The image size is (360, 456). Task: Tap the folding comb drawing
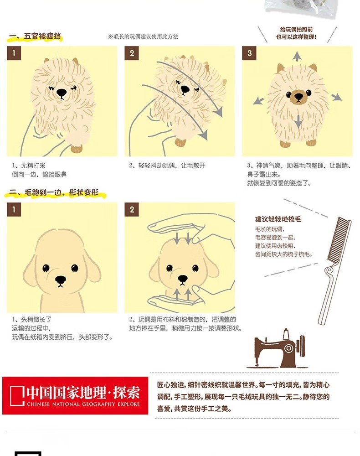click(334, 270)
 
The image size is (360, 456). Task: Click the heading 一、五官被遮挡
click(35, 36)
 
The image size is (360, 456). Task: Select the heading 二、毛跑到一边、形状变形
click(54, 193)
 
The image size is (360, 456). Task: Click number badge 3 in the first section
click(249, 53)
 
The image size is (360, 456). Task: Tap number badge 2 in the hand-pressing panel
click(132, 210)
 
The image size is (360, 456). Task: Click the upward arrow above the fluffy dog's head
click(297, 56)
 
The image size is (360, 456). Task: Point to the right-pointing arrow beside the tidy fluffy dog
click(337, 97)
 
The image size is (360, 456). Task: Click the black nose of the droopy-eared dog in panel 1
click(61, 280)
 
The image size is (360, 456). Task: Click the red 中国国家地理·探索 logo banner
click(75, 395)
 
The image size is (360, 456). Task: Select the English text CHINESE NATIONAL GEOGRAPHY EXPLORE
click(83, 404)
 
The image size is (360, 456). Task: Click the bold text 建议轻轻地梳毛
click(278, 219)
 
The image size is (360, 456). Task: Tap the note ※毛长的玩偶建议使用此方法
click(143, 36)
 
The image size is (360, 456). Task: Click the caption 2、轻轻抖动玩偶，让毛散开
click(167, 166)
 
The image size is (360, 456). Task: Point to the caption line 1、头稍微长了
click(31, 319)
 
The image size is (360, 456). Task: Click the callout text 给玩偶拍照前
click(296, 29)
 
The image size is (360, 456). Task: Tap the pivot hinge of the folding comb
click(329, 270)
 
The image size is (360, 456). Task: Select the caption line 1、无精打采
click(28, 166)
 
